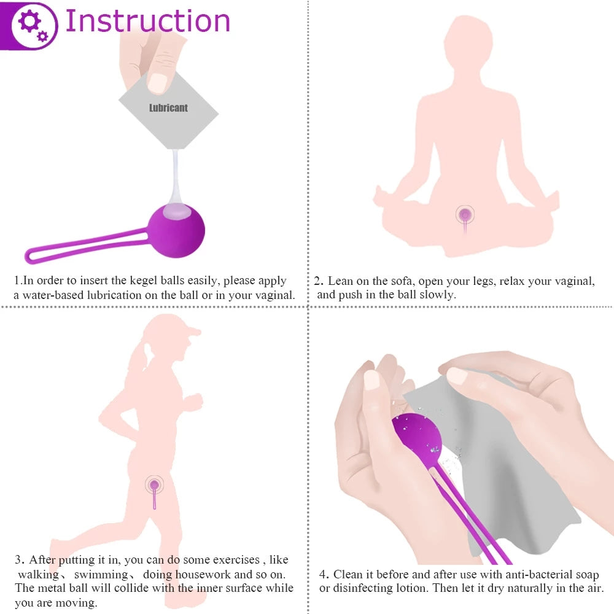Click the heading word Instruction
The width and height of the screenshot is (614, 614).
(147, 21)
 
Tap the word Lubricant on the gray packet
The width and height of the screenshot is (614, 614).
(168, 108)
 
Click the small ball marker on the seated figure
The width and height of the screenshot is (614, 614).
(466, 214)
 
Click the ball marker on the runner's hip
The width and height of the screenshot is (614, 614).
(154, 485)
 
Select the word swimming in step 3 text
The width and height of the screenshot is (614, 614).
(101, 575)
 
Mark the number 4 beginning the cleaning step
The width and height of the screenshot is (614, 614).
(323, 575)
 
